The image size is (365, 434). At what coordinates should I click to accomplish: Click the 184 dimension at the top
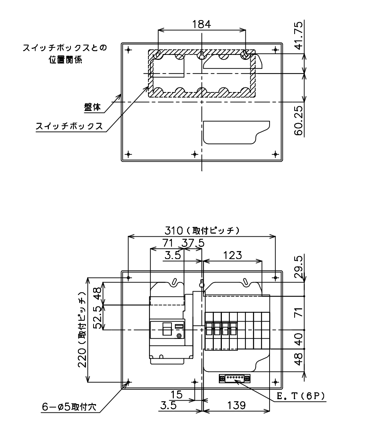[201, 24]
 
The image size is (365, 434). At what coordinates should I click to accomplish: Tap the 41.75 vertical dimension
[299, 36]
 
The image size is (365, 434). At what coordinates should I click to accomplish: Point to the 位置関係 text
[66, 60]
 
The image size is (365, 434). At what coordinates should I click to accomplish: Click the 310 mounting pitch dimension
[202, 230]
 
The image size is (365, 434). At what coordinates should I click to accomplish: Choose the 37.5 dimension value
[193, 243]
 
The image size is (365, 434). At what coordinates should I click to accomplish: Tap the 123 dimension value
[232, 255]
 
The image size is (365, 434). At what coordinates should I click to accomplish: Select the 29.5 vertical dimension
[299, 267]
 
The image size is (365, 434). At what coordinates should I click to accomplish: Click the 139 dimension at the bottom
[236, 405]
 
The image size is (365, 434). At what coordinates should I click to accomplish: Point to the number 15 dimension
[176, 394]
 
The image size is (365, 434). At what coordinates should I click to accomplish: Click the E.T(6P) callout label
[301, 397]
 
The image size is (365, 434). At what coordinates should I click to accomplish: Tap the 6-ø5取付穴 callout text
[69, 407]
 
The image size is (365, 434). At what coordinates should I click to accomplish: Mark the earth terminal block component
[235, 378]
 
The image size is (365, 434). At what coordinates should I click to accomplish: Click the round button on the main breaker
[179, 336]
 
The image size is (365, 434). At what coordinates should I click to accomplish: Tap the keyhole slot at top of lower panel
[202, 284]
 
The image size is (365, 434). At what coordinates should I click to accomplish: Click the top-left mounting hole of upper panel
[128, 50]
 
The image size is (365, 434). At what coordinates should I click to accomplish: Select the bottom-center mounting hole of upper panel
[195, 154]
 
